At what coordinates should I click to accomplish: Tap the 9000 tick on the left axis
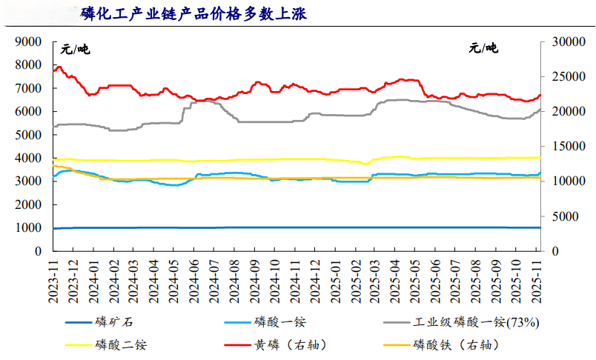(29, 42)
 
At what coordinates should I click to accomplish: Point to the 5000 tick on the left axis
(29, 135)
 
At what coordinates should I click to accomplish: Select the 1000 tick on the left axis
(29, 228)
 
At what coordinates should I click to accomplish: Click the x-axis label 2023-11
(53, 281)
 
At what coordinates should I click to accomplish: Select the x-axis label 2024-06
(196, 281)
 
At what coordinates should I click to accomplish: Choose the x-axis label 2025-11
(539, 281)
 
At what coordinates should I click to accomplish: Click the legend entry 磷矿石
(115, 322)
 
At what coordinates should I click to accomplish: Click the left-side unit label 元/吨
(74, 50)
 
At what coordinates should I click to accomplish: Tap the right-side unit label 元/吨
(484, 50)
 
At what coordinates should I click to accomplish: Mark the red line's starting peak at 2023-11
(59, 67)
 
